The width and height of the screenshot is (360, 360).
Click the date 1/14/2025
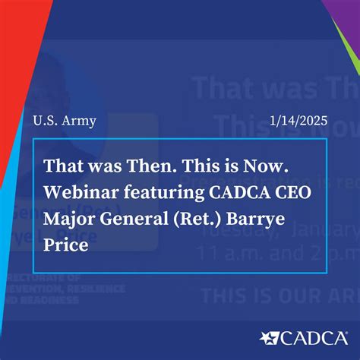coord(297,121)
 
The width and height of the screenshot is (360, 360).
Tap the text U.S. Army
coord(65,121)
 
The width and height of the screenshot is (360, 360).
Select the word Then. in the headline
coord(147,165)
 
